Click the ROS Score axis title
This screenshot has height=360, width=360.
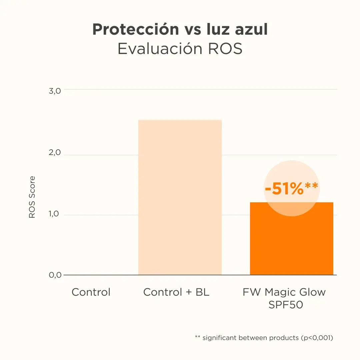(x=32, y=197)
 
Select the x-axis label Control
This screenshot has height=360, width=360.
(x=91, y=292)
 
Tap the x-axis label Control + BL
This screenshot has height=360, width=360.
(x=176, y=292)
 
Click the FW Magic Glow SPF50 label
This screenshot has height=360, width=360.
(x=284, y=298)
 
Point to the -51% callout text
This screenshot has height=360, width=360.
(x=284, y=189)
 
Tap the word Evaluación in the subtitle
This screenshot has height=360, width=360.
(x=160, y=49)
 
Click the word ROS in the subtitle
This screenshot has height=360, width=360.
(x=225, y=49)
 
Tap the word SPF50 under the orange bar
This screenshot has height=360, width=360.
(x=286, y=305)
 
